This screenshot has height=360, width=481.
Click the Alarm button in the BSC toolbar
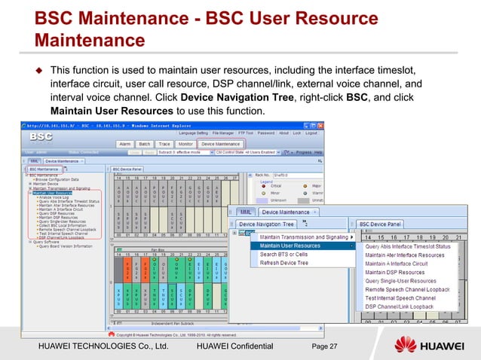coord(124,143)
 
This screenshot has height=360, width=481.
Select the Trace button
coord(165,143)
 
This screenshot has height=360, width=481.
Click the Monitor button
coord(185,143)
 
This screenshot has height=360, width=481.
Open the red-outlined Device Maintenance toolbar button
coord(221,143)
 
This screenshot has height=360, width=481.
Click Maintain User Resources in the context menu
coord(290,245)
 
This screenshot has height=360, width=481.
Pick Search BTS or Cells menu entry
coord(283,254)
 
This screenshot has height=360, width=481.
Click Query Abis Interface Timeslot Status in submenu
coord(408,246)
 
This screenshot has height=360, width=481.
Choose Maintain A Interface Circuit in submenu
coord(397,264)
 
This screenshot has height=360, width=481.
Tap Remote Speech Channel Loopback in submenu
coord(408,290)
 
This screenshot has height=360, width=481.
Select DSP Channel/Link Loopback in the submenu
coord(400,307)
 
